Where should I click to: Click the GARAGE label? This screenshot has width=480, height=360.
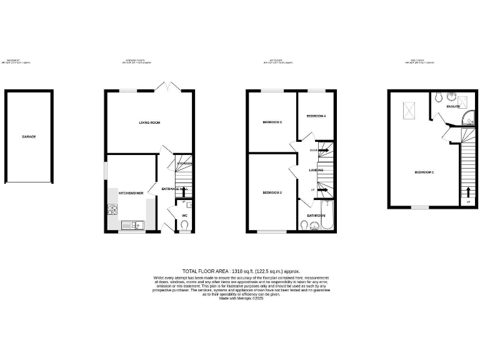[x=29, y=136]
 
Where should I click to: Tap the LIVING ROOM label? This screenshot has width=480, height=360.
[x=149, y=122]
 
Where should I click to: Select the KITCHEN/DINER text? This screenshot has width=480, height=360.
[x=131, y=193]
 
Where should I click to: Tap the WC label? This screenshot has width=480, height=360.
[x=184, y=216]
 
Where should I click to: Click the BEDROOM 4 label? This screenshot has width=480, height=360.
[x=316, y=117]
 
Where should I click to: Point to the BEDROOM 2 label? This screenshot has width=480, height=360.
[x=272, y=192]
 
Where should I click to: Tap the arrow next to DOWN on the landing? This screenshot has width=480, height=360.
[x=323, y=151]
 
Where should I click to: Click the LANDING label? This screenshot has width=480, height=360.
[x=316, y=170]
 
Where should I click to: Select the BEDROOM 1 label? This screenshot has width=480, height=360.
[x=424, y=172]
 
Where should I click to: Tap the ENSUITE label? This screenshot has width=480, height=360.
[x=453, y=107]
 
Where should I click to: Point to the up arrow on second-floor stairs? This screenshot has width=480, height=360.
[x=469, y=191]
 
